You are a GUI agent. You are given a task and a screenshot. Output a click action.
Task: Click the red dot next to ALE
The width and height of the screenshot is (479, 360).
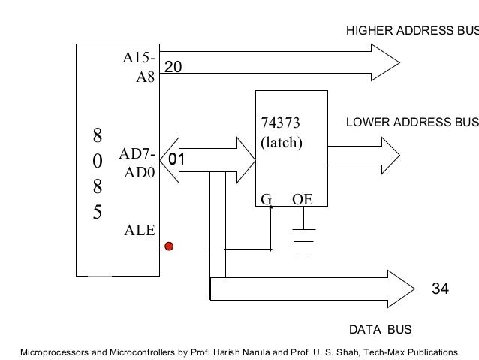coord(169,245)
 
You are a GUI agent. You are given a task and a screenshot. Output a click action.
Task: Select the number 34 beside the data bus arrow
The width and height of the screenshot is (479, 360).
coord(440,288)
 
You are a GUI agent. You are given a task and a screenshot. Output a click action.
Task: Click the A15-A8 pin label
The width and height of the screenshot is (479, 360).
coord(140,67)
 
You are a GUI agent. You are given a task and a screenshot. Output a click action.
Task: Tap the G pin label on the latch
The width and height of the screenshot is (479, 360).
coord(265,200)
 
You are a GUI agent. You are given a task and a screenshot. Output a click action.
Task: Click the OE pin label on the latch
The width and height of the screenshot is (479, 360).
coord(303,200)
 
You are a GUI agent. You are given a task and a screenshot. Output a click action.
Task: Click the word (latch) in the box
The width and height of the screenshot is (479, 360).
coord(281,141)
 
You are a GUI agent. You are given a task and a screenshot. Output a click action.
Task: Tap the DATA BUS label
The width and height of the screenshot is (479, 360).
coord(381,329)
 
